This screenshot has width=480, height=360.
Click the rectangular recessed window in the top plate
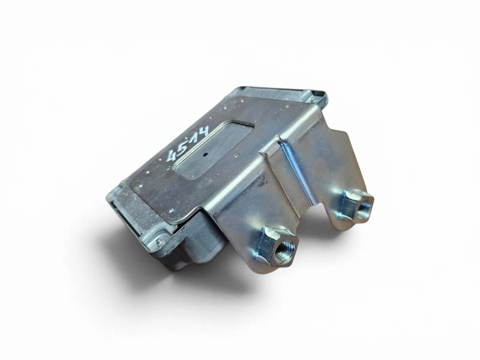[x=214, y=153]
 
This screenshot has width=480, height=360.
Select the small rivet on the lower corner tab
[x=159, y=241]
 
